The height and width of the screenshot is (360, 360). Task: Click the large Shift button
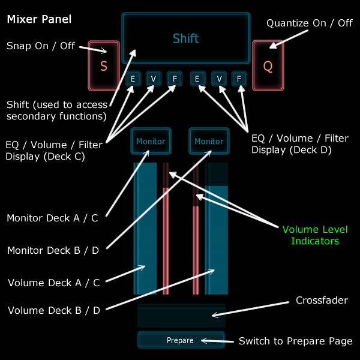185,38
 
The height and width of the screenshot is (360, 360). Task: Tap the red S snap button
103,66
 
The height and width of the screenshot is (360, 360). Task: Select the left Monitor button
150,142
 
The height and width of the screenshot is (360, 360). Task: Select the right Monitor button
208,142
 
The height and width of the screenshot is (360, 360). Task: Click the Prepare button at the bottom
180,340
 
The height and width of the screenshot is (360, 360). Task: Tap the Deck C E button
133,79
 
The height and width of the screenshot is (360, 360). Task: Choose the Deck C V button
153,79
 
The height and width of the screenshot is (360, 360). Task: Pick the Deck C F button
173,79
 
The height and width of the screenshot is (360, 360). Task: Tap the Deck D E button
197,79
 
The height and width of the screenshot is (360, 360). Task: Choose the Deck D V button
220,79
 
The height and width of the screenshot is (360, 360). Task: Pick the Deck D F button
239,79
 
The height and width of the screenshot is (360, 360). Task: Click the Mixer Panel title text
39,19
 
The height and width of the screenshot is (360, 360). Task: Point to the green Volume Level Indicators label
315,235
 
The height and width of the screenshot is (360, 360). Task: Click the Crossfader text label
322,300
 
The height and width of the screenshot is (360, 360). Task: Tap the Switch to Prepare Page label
295,341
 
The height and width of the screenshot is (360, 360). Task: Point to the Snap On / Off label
41,45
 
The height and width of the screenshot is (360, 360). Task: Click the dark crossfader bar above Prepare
181,316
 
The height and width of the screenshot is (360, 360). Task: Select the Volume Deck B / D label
54,310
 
